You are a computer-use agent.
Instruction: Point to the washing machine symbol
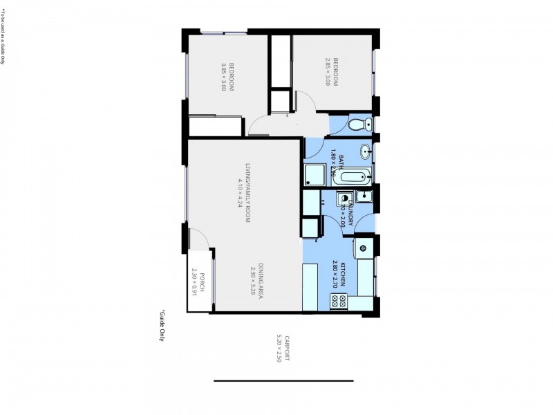(343, 201)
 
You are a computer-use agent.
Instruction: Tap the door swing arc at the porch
(199, 239)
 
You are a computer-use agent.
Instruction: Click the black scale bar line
(283, 380)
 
